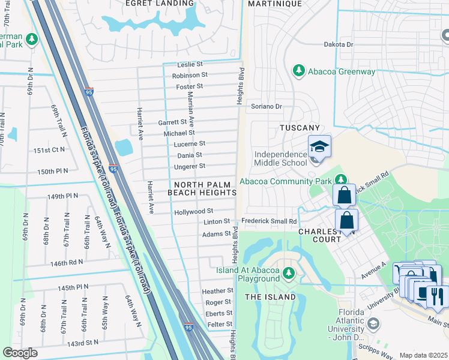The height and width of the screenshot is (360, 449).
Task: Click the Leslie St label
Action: [x=191, y=65]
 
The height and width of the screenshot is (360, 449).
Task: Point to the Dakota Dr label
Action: [x=339, y=44]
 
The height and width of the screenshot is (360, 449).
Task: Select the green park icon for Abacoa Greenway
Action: [x=298, y=71]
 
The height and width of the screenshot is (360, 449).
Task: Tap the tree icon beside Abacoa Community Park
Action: [x=341, y=180]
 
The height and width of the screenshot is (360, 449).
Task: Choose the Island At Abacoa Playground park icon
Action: [x=289, y=274]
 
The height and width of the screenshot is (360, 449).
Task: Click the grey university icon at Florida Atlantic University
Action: [x=373, y=324]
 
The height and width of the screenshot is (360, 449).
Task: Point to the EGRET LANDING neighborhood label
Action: [x=159, y=4]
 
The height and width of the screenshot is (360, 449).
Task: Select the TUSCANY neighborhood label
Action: [x=300, y=128]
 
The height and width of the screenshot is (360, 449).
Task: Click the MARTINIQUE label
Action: [x=274, y=4]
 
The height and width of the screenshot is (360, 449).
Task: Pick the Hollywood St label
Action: [x=193, y=211]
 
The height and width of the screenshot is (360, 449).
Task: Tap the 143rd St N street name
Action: [x=82, y=343]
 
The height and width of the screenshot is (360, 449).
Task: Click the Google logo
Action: [x=20, y=353]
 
